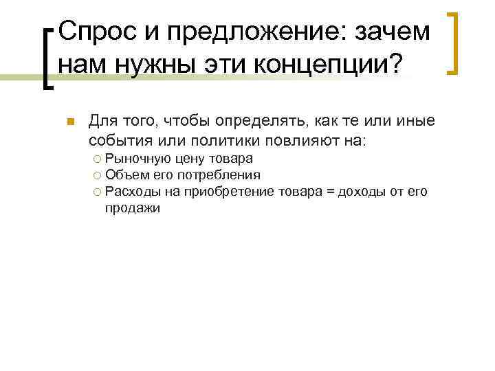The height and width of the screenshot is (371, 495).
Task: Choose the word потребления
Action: click(x=221, y=175)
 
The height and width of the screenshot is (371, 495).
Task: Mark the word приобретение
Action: click(x=233, y=192)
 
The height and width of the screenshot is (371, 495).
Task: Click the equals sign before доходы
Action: click(x=330, y=192)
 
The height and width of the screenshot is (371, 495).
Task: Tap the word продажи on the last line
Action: click(x=132, y=207)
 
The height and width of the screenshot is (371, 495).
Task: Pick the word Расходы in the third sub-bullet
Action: click(x=132, y=192)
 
